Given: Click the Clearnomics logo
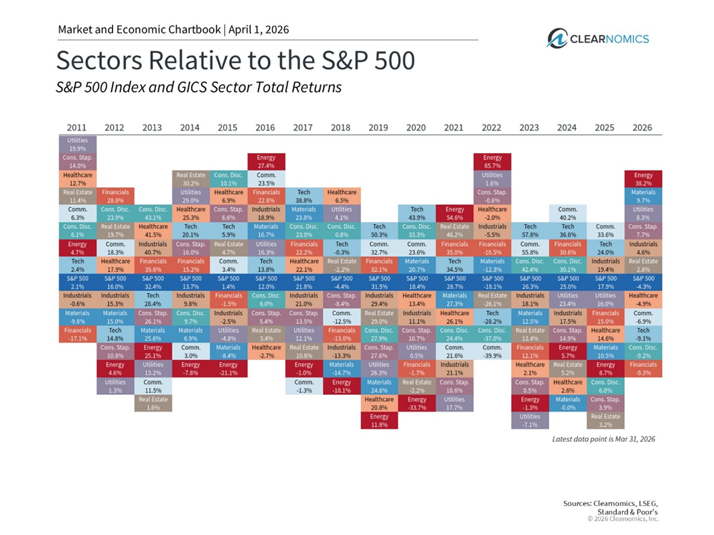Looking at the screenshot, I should tap(597, 38).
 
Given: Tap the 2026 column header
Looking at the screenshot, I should tap(642, 127).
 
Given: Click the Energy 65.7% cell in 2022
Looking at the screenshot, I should tap(492, 162).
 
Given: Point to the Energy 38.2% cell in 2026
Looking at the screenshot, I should tap(643, 178).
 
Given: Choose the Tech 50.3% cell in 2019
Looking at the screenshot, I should tap(380, 231).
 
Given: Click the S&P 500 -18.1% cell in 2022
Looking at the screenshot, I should tap(492, 282).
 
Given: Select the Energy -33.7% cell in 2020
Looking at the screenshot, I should tap(417, 403).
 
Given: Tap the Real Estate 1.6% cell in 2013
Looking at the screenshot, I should tap(153, 403).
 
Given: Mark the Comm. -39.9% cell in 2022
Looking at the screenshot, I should tap(492, 351).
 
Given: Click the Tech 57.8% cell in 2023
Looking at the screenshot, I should tap(530, 231).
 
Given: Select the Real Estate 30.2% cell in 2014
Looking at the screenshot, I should tap(191, 178).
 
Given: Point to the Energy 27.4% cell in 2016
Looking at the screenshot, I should tap(267, 162).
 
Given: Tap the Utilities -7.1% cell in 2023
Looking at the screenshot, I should tap(530, 420).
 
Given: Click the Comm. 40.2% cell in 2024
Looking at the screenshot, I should tap(567, 213).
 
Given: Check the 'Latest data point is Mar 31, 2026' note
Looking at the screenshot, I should tap(603, 438).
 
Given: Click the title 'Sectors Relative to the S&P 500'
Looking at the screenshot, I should tap(235, 61).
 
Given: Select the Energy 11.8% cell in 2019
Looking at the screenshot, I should tap(380, 420).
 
